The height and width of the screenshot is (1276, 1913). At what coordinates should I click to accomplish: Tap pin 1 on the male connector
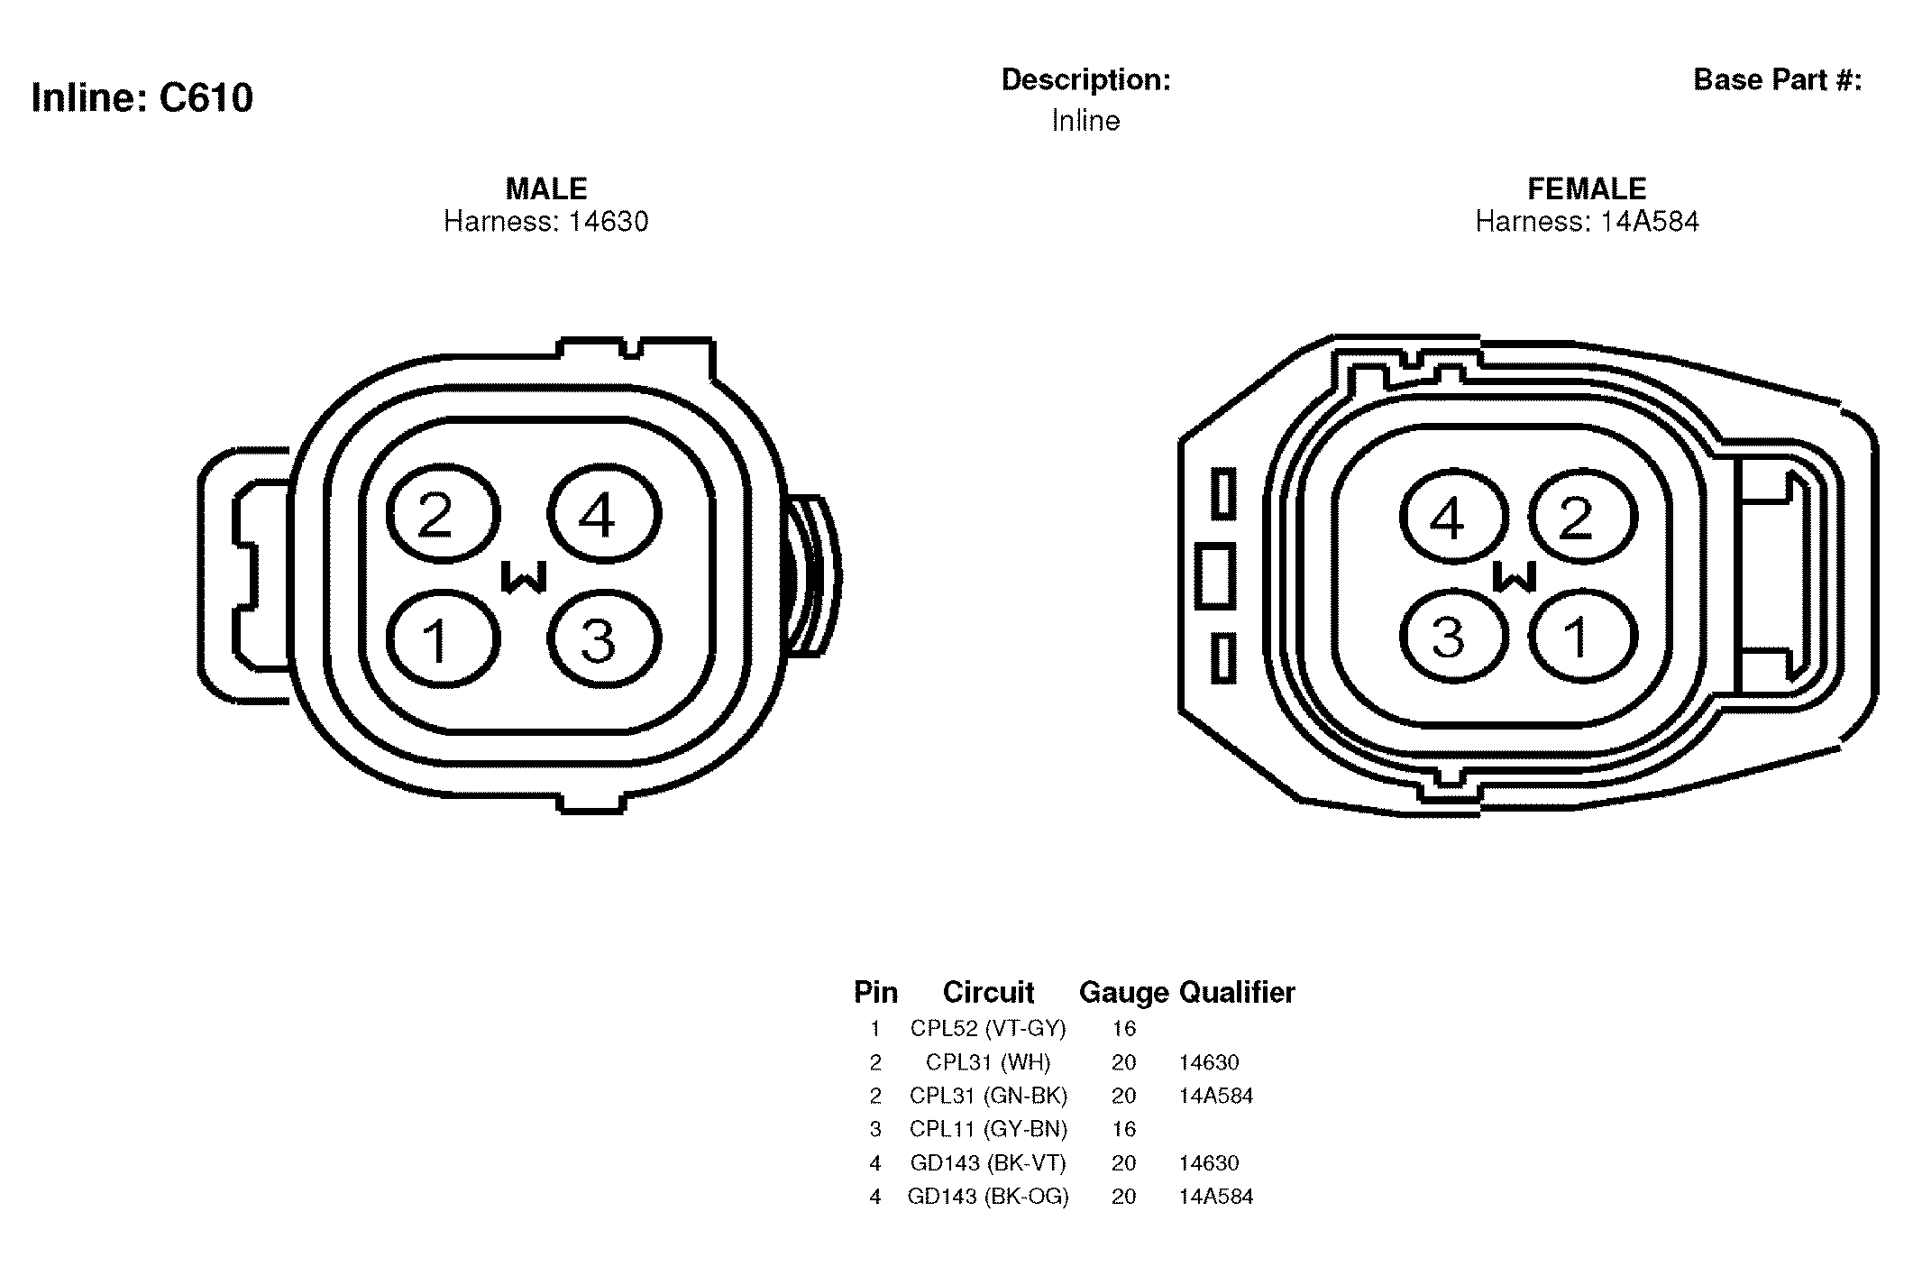(x=443, y=639)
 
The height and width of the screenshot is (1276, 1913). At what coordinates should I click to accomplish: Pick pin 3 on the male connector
(x=604, y=639)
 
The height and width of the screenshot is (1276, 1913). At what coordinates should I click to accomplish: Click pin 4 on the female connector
(x=1454, y=519)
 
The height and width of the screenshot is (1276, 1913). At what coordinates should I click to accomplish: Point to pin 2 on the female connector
(x=1582, y=519)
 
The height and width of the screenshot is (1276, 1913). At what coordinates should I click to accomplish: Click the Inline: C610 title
(x=142, y=97)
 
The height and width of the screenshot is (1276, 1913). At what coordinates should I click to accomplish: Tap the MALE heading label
(x=546, y=188)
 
